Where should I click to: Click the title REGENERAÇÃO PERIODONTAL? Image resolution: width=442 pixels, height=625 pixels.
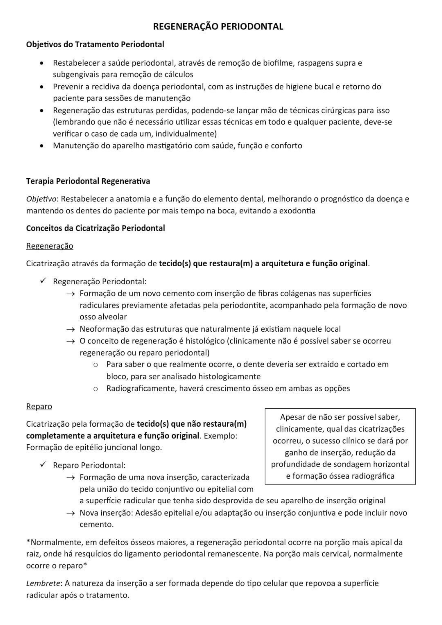point(218,26)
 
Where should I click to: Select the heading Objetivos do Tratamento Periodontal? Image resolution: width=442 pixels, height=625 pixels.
point(95,44)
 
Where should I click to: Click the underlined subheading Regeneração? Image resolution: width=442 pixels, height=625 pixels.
point(50,246)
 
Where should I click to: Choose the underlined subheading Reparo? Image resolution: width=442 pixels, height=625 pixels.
point(39,406)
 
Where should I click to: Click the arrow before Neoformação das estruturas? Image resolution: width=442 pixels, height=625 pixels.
point(70,329)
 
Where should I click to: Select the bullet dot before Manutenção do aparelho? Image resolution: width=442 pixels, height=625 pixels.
point(41,146)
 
